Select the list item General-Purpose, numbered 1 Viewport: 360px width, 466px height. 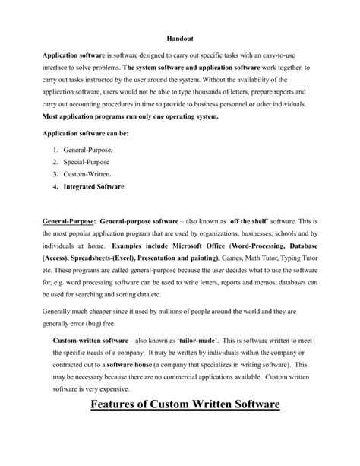[x=89, y=151]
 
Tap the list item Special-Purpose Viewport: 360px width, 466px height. [x=87, y=163]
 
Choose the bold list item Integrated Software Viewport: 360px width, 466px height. [x=94, y=185]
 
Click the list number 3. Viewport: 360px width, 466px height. [x=55, y=174]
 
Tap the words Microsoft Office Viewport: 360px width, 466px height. [x=182, y=248]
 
